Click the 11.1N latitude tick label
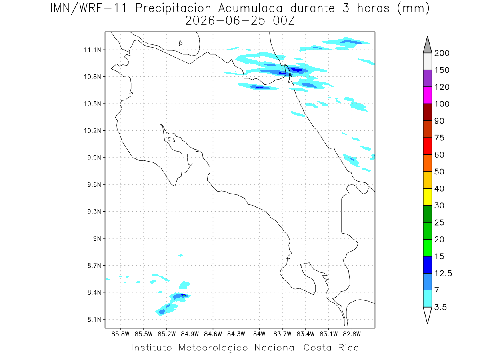(x=92, y=50)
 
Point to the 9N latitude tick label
(x=97, y=238)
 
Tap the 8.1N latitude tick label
(x=94, y=319)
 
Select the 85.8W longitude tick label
(x=120, y=334)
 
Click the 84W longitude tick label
(x=259, y=334)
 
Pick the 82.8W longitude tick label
(x=352, y=334)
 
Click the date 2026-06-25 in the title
(x=225, y=21)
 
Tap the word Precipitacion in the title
(x=173, y=8)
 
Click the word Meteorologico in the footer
(x=213, y=348)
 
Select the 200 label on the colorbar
(x=442, y=53)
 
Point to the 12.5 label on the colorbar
(x=443, y=273)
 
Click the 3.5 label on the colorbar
(x=440, y=307)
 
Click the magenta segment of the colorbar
(x=427, y=95)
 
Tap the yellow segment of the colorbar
(x=427, y=197)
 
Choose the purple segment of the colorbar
(x=427, y=78)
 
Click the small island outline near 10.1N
(x=172, y=140)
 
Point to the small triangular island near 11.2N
(x=180, y=43)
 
